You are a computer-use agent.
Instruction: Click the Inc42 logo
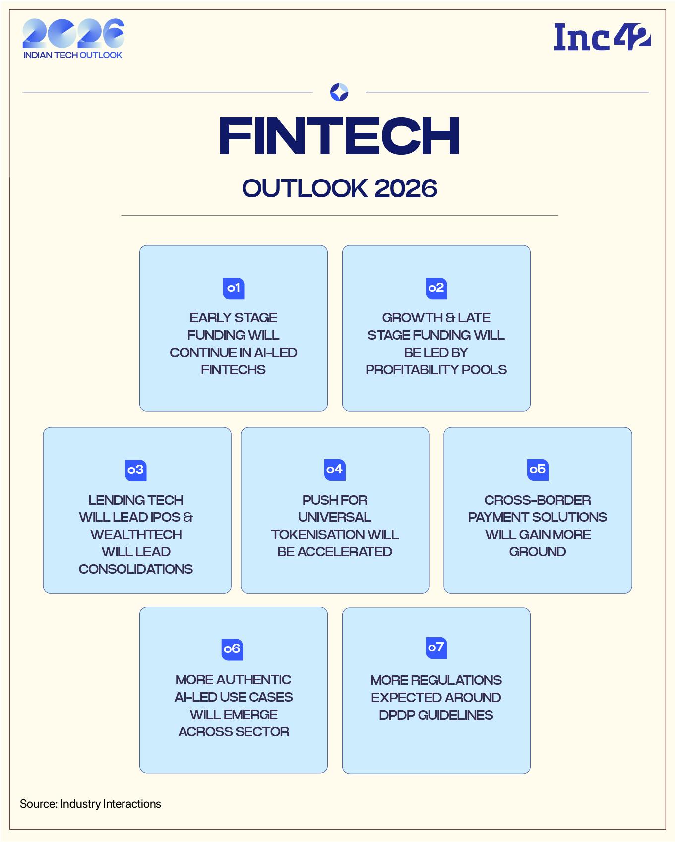click(602, 37)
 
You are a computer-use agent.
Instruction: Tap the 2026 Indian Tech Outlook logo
click(73, 39)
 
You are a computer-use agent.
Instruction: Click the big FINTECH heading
click(339, 136)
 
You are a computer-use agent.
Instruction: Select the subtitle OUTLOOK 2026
click(339, 188)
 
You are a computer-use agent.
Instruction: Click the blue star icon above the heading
click(339, 92)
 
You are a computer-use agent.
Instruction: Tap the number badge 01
click(233, 288)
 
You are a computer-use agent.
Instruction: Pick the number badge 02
click(436, 288)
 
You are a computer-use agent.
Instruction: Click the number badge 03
click(135, 470)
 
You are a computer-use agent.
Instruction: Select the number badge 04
click(335, 469)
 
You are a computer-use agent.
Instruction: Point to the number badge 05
click(537, 469)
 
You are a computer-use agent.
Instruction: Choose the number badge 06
click(232, 649)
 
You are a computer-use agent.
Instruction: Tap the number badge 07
click(436, 648)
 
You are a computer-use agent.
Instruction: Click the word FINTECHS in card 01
click(233, 370)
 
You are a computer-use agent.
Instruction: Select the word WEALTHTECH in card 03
click(136, 535)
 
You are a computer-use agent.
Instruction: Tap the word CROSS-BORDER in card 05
click(537, 500)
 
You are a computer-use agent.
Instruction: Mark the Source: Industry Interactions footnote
click(90, 804)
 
